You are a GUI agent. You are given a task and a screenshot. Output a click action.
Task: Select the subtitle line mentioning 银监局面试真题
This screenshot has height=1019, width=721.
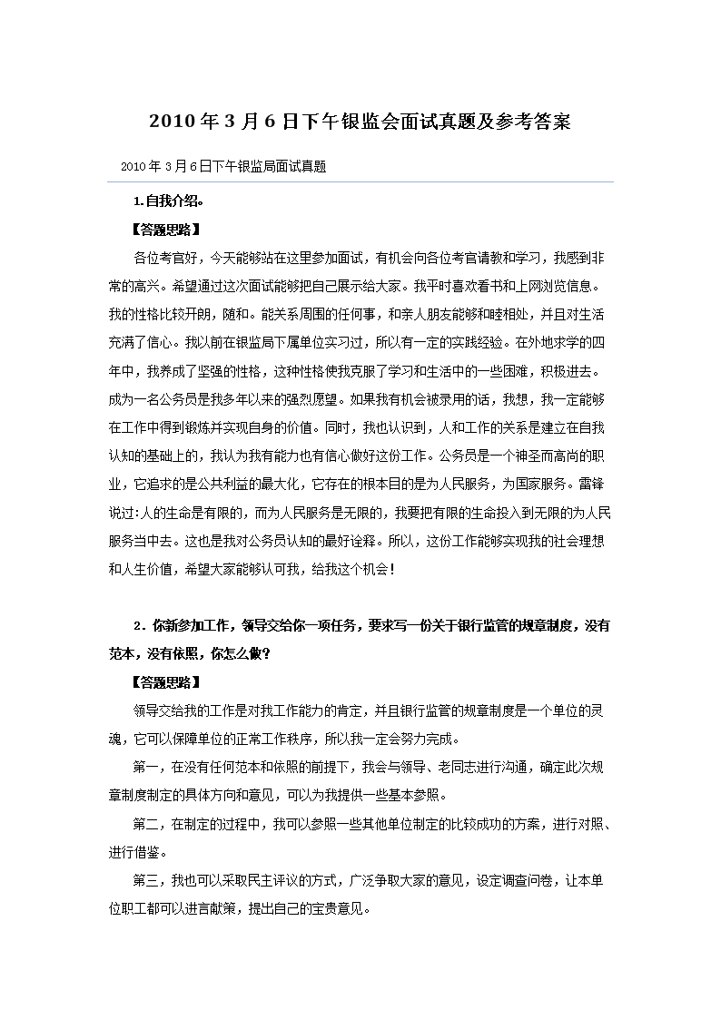pyautogui.click(x=222, y=167)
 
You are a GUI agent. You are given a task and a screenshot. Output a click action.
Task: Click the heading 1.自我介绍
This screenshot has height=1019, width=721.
pyautogui.click(x=169, y=201)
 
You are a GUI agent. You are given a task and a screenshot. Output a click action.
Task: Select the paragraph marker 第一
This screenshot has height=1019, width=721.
pyautogui.click(x=145, y=767)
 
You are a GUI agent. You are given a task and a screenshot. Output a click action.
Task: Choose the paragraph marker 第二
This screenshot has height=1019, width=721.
pyautogui.click(x=145, y=824)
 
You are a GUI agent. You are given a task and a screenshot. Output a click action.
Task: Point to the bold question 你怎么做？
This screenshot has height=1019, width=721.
pyautogui.click(x=240, y=653)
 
